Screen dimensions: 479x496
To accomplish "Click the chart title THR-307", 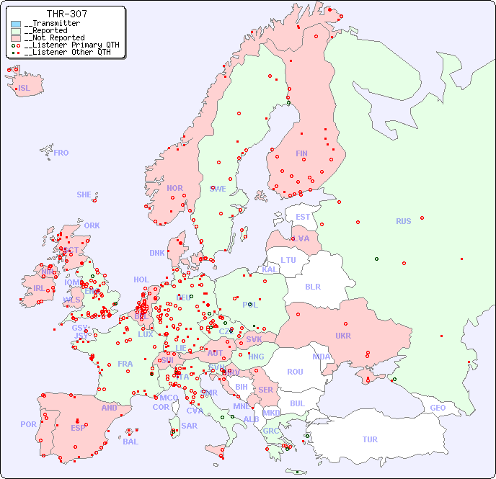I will click(x=67, y=14).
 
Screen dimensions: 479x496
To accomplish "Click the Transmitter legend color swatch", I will click(x=16, y=24).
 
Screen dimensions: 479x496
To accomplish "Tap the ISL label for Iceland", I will click(x=25, y=89).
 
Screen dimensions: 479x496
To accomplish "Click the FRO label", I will click(x=61, y=153).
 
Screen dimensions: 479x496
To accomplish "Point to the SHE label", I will click(x=84, y=194).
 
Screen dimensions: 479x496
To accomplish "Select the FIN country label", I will click(x=301, y=153).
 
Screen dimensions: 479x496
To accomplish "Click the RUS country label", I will click(x=403, y=221).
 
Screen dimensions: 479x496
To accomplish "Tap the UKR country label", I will click(x=343, y=336).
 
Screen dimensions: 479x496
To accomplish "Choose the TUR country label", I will click(x=370, y=439).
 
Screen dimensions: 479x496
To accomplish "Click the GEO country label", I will click(x=438, y=408).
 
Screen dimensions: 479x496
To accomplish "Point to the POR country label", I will click(x=28, y=424).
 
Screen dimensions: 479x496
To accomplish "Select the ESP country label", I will click(x=78, y=427).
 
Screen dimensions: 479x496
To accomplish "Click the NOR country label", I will click(x=174, y=188).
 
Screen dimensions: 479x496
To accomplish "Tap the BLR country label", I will click(x=313, y=286).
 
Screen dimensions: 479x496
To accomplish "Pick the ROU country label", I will click(x=295, y=372).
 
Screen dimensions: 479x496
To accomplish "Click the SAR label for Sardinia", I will click(x=189, y=426).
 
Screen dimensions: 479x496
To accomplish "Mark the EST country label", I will click(x=303, y=217).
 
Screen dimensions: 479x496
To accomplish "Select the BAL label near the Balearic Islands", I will click(x=130, y=442).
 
